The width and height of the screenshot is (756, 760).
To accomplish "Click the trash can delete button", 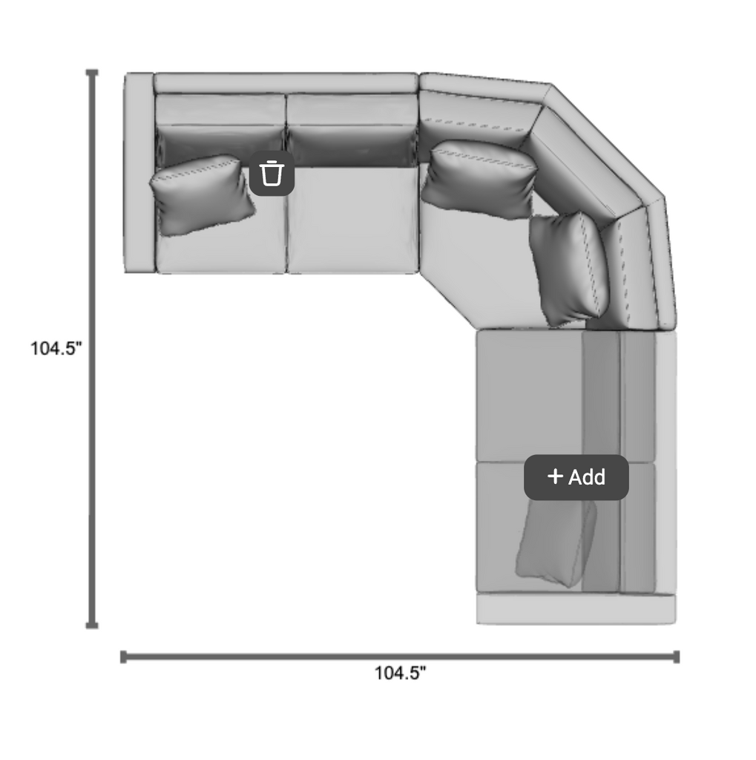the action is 272,173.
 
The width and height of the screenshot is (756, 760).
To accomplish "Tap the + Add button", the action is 576,477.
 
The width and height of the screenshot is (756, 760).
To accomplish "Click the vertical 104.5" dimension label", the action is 56,348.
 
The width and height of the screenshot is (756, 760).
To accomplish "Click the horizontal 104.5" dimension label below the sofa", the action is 401,672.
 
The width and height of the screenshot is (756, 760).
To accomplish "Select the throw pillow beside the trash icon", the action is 202,195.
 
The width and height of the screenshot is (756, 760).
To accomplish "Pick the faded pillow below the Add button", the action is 556,543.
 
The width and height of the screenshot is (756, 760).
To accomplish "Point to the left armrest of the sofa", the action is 139,172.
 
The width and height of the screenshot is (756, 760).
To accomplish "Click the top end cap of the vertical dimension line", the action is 92,73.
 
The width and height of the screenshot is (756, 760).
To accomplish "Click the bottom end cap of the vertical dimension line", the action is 92,625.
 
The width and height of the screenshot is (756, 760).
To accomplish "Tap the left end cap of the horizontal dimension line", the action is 124,657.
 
